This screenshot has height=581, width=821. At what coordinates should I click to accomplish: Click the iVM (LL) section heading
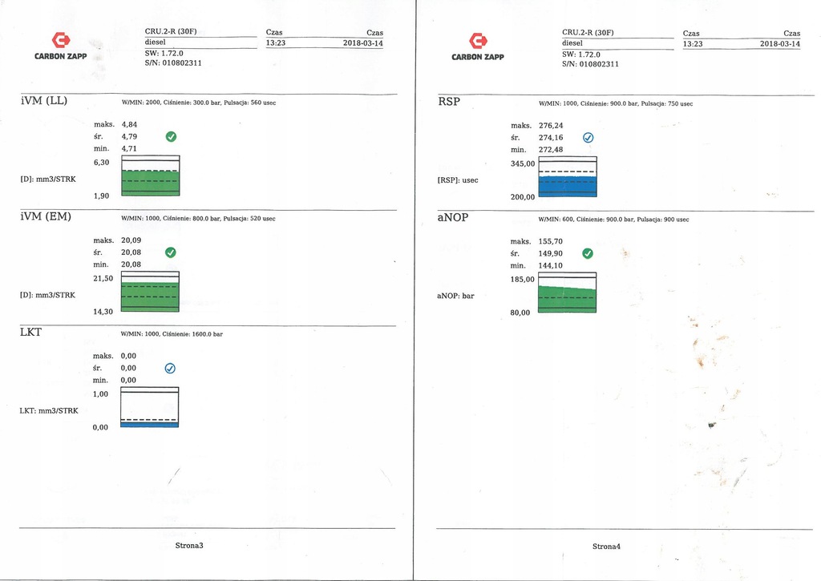click(x=44, y=100)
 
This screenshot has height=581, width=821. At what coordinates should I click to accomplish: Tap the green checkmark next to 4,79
click(x=171, y=136)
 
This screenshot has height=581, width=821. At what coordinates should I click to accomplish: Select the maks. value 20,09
click(x=131, y=240)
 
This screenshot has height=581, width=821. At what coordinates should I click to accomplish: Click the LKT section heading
click(x=30, y=332)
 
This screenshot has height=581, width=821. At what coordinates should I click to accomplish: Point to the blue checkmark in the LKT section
click(x=170, y=369)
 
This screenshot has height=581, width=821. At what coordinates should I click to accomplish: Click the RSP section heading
click(x=449, y=102)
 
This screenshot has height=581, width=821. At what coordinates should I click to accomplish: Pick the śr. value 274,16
click(x=551, y=138)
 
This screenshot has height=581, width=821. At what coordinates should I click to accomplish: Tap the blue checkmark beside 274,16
click(x=588, y=138)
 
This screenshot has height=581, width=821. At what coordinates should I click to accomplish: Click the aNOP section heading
click(x=453, y=217)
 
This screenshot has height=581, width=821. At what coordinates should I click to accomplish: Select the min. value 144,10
click(x=550, y=265)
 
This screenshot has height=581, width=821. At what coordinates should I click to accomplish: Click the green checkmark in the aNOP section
click(x=588, y=253)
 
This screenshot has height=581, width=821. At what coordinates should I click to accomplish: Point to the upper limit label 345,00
click(x=523, y=163)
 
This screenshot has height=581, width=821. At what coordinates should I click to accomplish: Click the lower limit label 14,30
click(x=103, y=312)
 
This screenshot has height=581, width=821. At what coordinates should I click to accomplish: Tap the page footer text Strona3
click(x=189, y=546)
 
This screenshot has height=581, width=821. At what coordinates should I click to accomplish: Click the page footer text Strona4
click(x=606, y=547)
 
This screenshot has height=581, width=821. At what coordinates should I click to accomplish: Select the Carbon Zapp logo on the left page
click(x=61, y=46)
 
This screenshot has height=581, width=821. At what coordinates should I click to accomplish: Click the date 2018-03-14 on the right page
click(x=780, y=44)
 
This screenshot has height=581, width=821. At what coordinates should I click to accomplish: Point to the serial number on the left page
click(x=173, y=63)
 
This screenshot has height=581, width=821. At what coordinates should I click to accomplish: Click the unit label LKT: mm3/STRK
click(x=49, y=411)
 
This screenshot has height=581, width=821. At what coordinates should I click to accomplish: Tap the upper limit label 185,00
click(x=523, y=280)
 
